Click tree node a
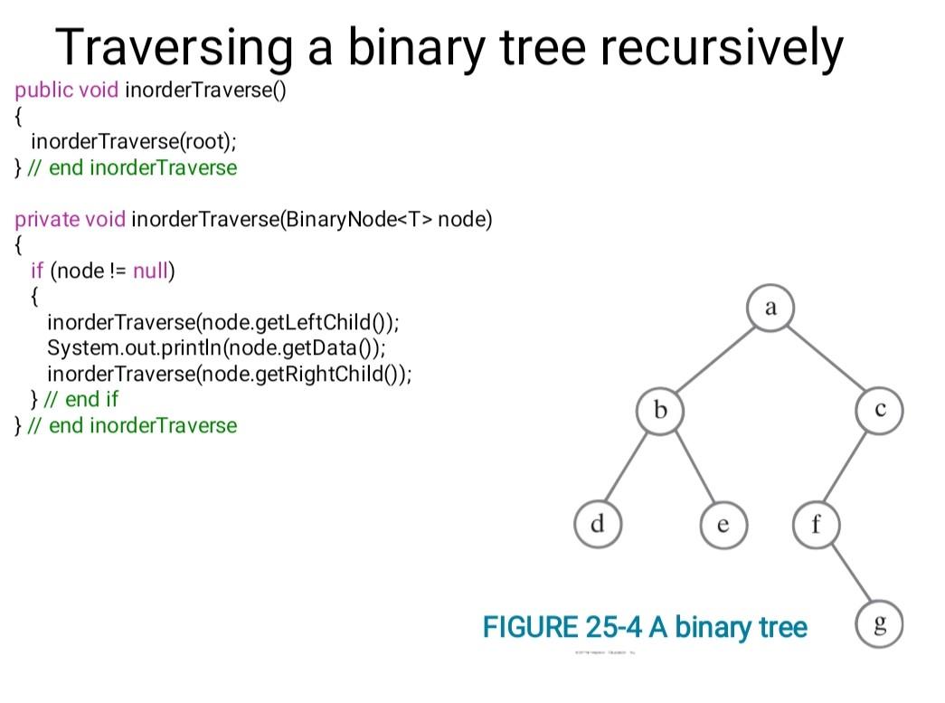(770, 308)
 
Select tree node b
(660, 412)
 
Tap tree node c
(880, 412)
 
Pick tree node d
(598, 524)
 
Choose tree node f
(816, 524)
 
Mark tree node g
(879, 624)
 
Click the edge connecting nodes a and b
(715, 359)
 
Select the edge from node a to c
(825, 359)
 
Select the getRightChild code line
(229, 374)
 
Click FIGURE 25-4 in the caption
(562, 626)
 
